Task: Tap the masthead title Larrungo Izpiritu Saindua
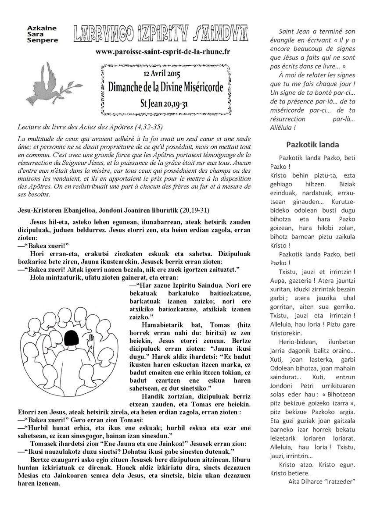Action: coord(160,34)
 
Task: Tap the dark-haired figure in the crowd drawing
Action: coord(70,338)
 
